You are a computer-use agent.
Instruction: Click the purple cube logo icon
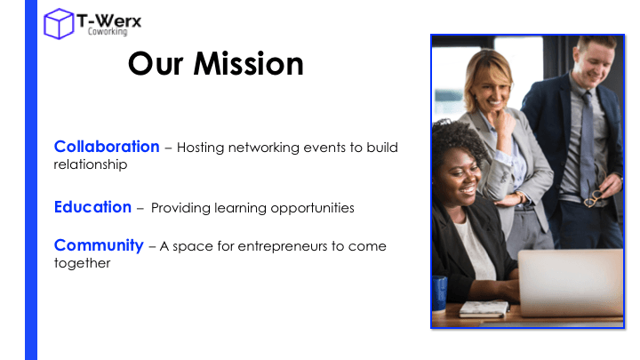coord(59,24)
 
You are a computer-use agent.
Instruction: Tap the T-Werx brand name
coord(109,20)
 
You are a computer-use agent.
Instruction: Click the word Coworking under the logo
coord(108,31)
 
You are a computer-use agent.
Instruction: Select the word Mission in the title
coord(249,64)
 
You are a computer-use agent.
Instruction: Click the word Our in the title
coord(156,64)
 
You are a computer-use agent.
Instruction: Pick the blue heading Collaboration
coord(107,147)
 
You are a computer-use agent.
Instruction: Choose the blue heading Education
coord(92,207)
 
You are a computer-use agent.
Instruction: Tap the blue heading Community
coord(99,245)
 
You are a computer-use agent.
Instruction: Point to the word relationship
coord(91,165)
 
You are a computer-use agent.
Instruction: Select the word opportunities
coord(312,208)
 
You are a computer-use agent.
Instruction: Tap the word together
coord(82,263)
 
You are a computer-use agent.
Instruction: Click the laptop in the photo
coord(570,283)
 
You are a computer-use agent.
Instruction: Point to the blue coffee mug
coord(439,292)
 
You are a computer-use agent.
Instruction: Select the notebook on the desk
coord(484,308)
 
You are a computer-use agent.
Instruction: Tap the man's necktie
coord(588,145)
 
